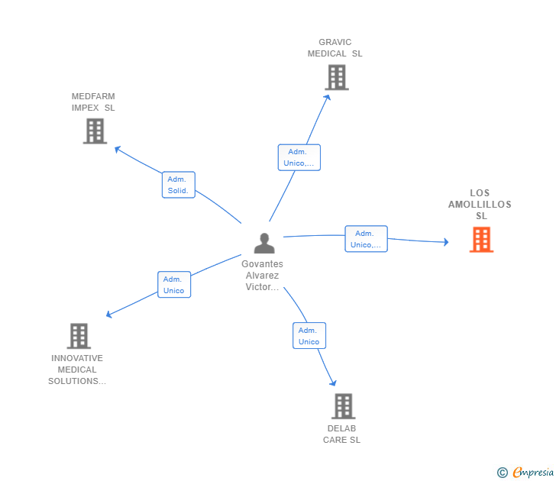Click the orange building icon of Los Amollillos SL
[x=481, y=240]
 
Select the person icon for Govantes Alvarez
[x=264, y=243]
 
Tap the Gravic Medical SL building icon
[x=337, y=77]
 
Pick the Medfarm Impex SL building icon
[x=95, y=131]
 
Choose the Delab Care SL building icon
[x=344, y=406]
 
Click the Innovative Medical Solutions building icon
[x=79, y=336]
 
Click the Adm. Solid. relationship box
[x=179, y=185]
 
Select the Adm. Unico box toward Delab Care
[x=309, y=336]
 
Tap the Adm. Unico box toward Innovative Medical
[x=174, y=285]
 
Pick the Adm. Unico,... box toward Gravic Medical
[x=299, y=157]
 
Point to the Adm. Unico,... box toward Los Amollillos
[x=366, y=239]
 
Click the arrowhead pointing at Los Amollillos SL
[x=446, y=242]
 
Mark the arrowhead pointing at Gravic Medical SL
[x=328, y=98]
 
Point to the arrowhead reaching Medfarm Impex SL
[x=118, y=149]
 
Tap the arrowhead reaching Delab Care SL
[x=333, y=383]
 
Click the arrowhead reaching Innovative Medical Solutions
[x=109, y=314]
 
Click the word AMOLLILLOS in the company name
[x=480, y=205]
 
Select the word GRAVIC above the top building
[x=335, y=42]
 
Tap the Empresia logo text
[x=533, y=472]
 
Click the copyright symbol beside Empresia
[x=503, y=473]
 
